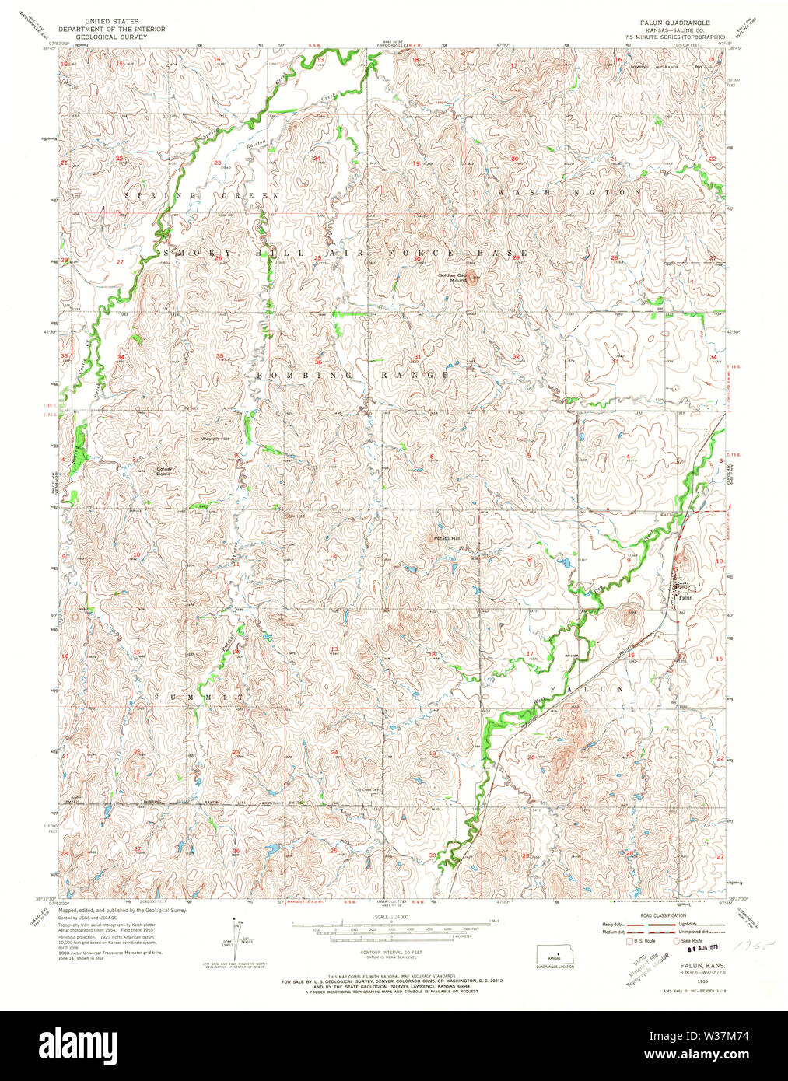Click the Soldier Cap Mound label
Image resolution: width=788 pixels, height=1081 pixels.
tap(452, 277)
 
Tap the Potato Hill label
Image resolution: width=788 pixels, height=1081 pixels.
tap(447, 537)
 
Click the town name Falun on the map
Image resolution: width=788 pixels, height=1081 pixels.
tap(685, 597)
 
